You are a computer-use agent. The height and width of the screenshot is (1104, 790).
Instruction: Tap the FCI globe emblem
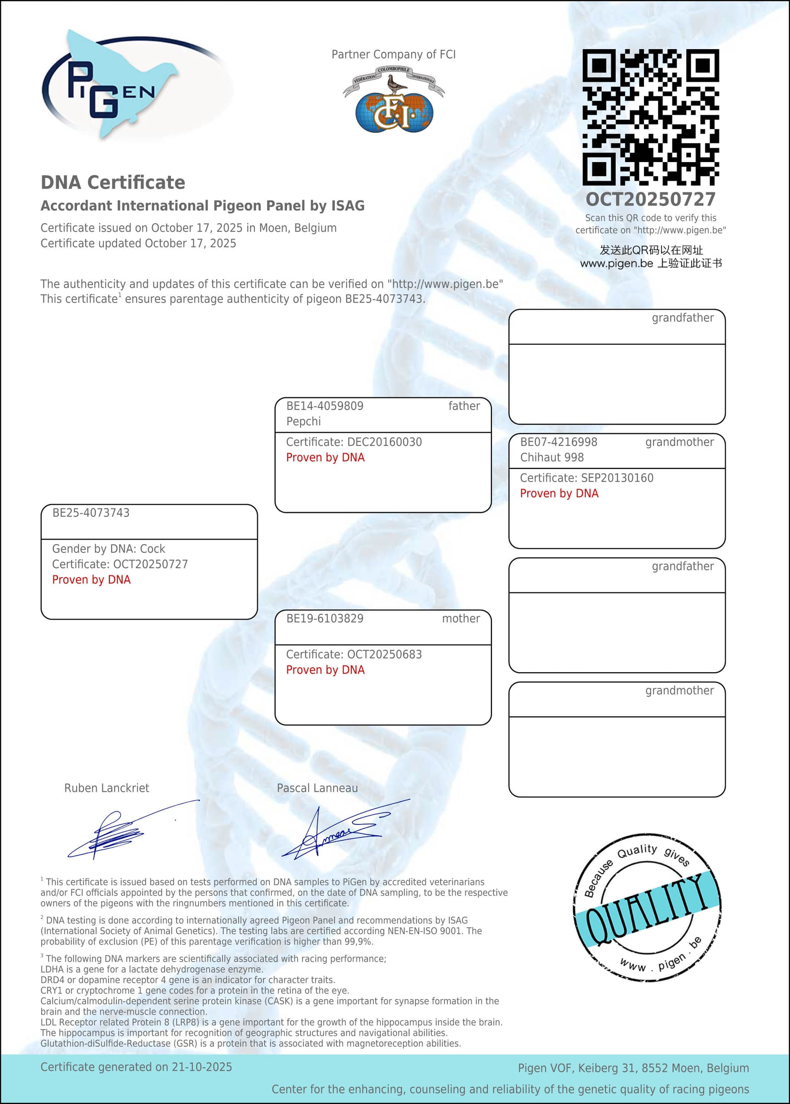394,109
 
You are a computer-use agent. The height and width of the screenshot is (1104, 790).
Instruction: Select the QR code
650,117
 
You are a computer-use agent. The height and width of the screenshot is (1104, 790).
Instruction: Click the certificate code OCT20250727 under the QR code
650,199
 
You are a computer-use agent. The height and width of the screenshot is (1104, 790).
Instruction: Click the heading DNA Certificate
113,182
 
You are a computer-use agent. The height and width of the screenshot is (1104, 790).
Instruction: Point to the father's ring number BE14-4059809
324,406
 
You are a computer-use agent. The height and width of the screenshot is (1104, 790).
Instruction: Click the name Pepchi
304,421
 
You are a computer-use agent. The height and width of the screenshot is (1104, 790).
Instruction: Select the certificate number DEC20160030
384,442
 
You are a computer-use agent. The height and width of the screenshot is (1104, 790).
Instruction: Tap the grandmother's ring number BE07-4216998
559,442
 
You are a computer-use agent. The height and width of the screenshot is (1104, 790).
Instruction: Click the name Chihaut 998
552,457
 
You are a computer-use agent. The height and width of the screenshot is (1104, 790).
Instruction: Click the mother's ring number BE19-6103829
324,619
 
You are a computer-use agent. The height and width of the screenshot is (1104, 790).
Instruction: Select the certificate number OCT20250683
384,654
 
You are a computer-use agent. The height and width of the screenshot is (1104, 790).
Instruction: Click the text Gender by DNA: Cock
108,549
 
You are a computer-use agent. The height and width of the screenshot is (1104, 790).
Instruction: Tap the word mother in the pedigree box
461,619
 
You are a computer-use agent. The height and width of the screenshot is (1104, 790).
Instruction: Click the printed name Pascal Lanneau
317,788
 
